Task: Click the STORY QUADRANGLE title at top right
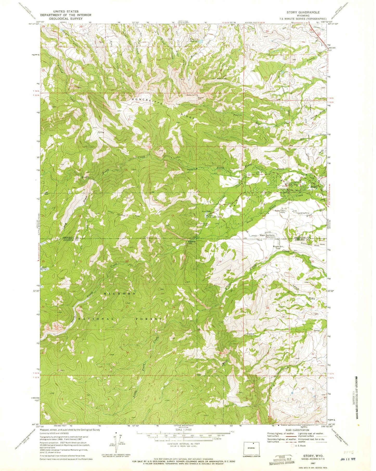(x=303, y=12)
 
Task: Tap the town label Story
(x=314, y=187)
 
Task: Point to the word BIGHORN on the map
(x=120, y=294)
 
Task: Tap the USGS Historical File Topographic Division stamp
(x=283, y=459)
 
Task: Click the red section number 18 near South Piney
(x=263, y=216)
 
